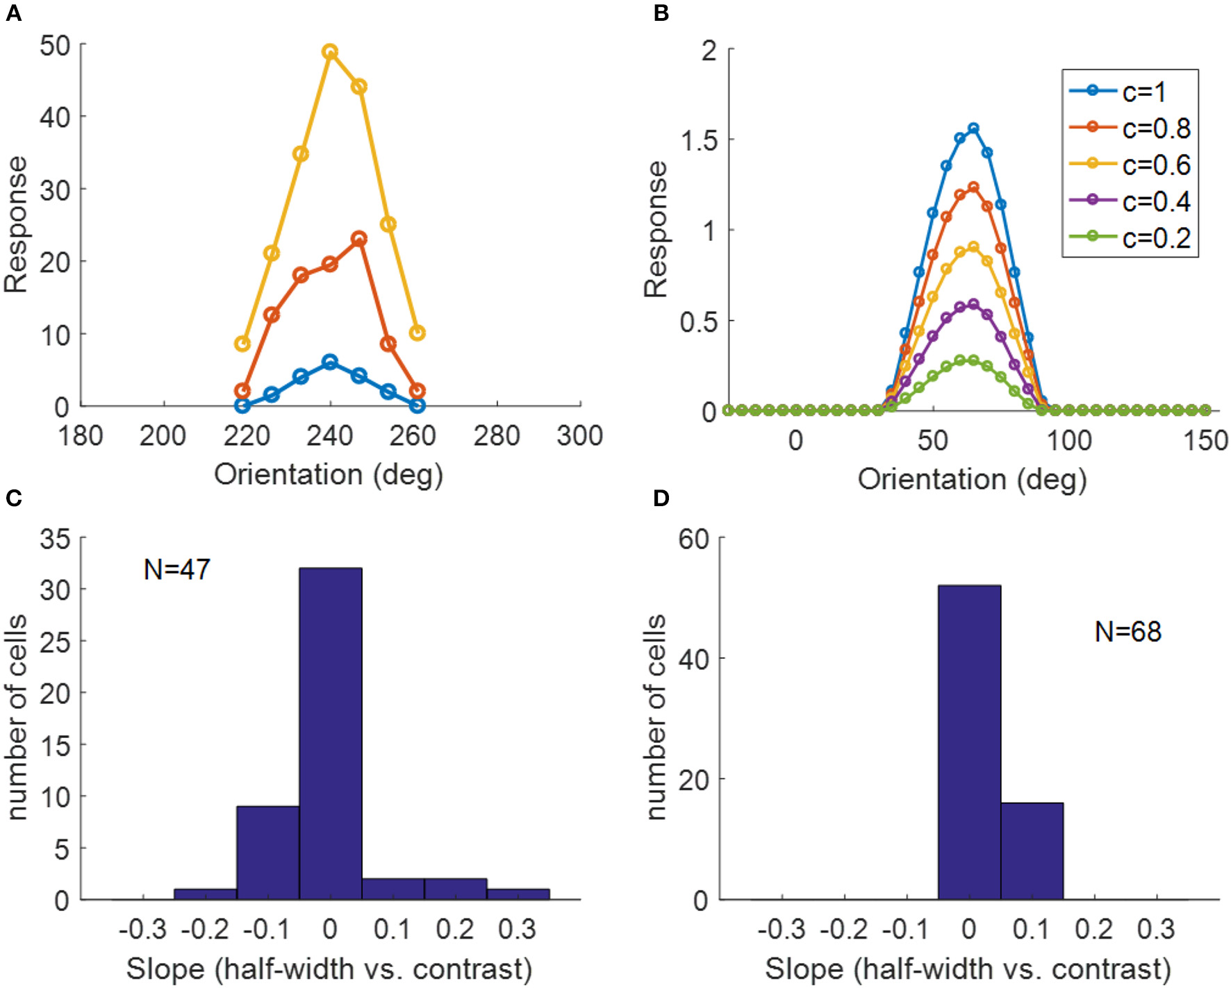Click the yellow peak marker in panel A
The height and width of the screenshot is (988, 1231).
click(x=330, y=51)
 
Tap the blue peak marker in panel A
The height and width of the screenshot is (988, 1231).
click(x=330, y=362)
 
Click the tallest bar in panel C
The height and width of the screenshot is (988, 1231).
click(x=330, y=733)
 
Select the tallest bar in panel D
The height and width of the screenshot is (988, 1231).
click(x=969, y=742)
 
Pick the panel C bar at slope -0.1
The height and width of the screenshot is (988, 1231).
click(x=267, y=853)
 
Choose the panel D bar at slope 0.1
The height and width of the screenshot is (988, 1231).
click(x=1032, y=851)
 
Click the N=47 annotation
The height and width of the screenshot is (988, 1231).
click(x=176, y=569)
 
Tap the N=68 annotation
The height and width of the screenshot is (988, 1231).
click(x=1127, y=632)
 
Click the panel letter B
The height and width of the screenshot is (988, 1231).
click(x=661, y=13)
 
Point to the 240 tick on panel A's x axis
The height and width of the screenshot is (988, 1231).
click(x=330, y=436)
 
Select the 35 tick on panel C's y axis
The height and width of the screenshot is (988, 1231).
click(x=56, y=539)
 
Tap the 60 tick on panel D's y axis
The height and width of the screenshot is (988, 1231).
click(x=693, y=539)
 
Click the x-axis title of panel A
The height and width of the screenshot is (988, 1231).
click(x=328, y=475)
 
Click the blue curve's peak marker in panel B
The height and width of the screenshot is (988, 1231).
click(x=973, y=128)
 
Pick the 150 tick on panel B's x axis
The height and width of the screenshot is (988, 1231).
click(x=1205, y=440)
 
